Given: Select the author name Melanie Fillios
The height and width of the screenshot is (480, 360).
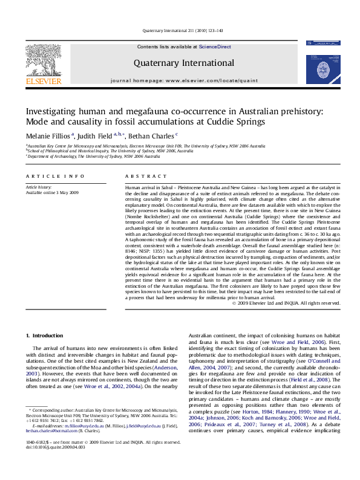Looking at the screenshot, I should point(41,136).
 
